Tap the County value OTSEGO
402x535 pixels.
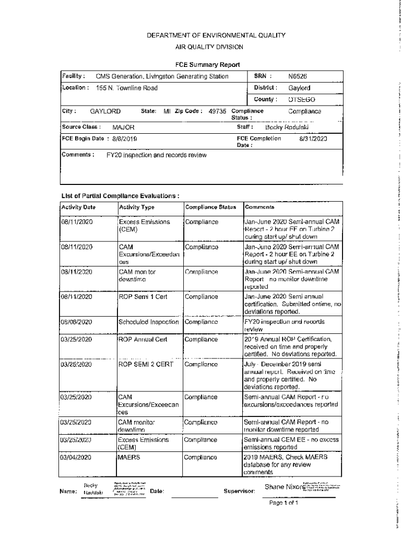[x=302, y=99]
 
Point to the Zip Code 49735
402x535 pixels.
[x=217, y=111]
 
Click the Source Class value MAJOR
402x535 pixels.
[x=123, y=127]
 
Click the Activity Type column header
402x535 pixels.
[x=137, y=207]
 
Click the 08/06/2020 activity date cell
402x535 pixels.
[x=76, y=322]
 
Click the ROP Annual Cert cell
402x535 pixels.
[x=143, y=339]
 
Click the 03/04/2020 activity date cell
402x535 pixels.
[x=76, y=457]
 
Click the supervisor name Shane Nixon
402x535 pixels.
[x=282, y=487]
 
